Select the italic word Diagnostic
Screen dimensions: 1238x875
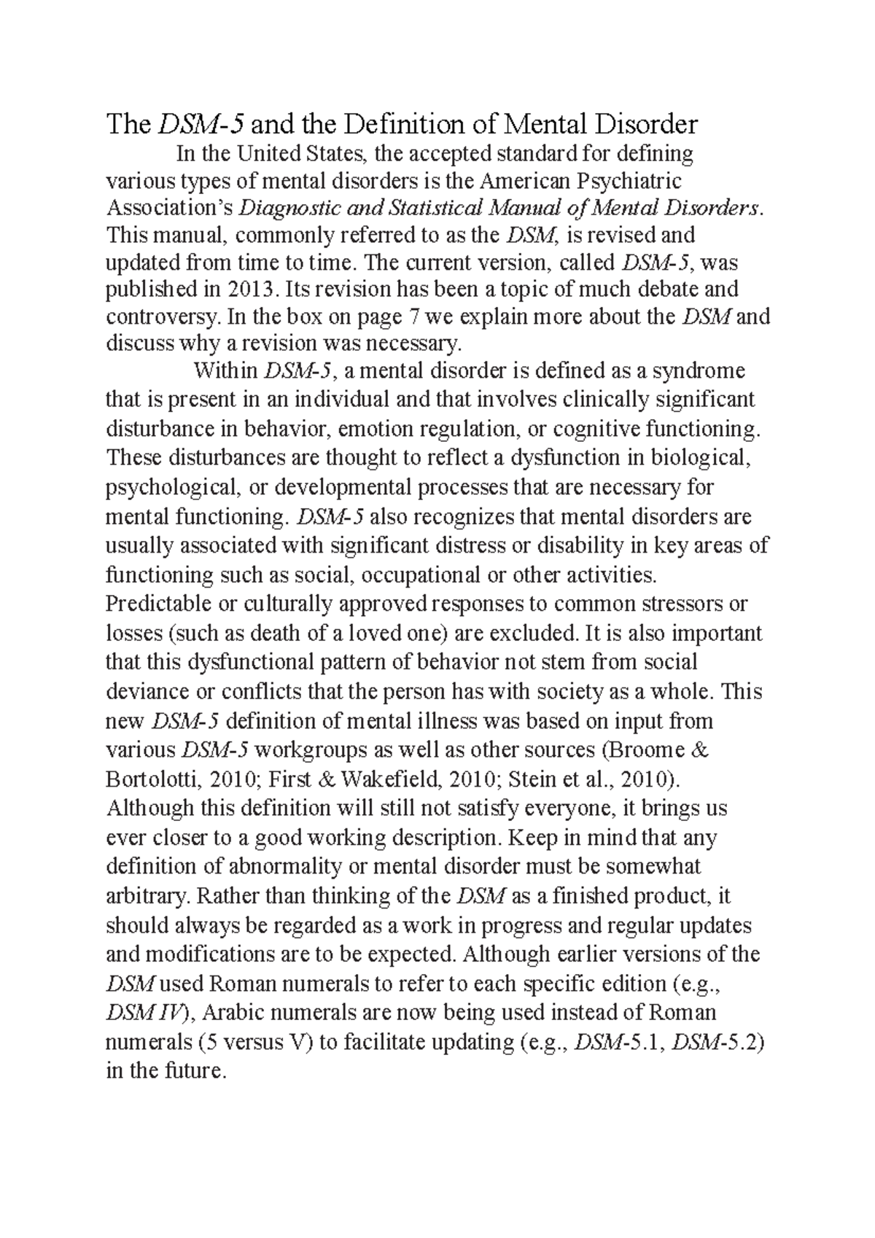point(283,208)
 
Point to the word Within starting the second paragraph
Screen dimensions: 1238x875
point(225,371)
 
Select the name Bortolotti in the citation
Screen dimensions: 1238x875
point(151,779)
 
